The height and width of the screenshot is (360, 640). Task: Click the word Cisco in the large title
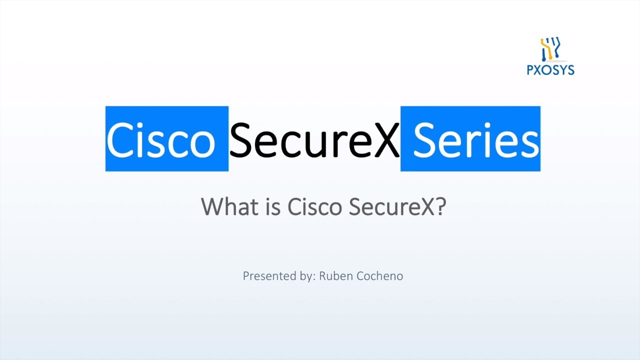[x=161, y=139]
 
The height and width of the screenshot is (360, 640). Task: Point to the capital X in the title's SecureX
[x=385, y=139]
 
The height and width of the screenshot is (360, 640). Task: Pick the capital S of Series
[x=425, y=139]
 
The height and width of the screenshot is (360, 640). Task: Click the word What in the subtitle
[x=229, y=206]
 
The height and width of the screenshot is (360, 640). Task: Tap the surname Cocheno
[x=380, y=276]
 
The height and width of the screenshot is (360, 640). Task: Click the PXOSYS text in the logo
[x=550, y=70]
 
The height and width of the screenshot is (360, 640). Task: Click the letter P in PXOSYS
[x=531, y=70]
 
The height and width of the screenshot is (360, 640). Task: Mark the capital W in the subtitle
[x=212, y=206]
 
